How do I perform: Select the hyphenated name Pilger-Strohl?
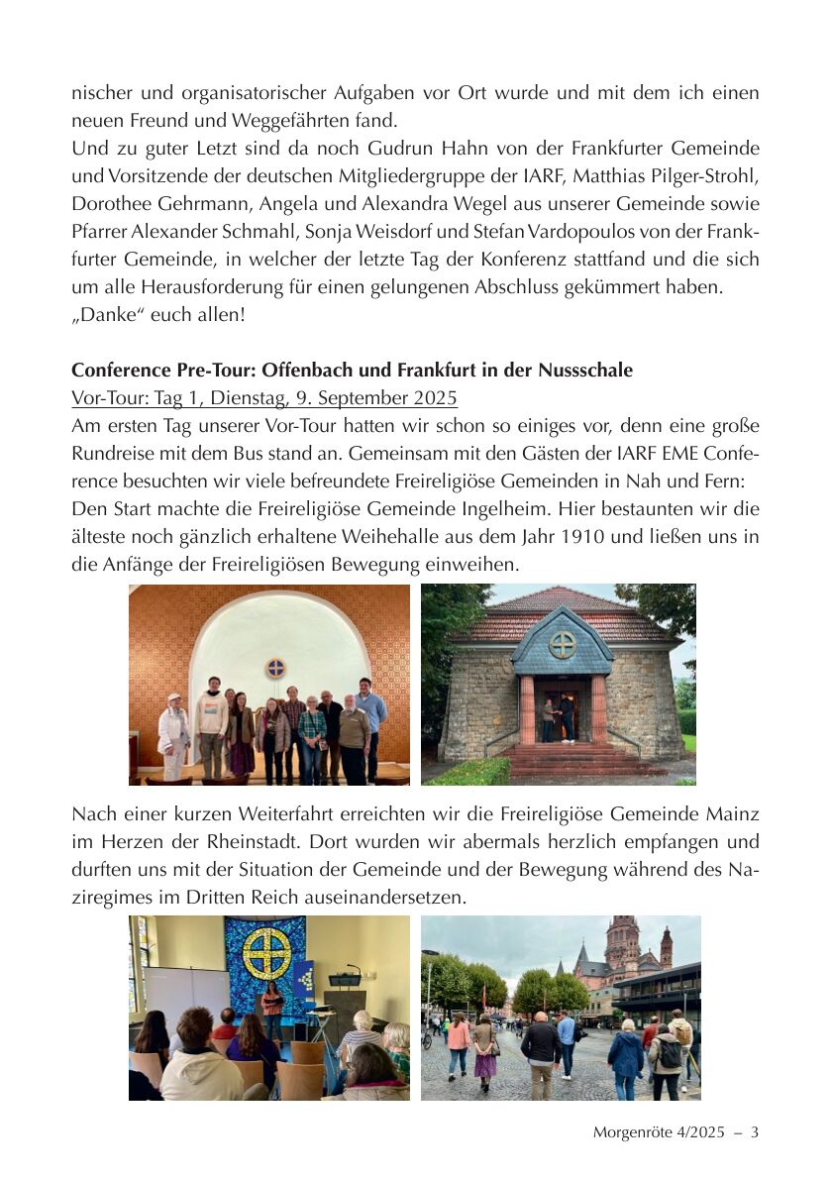[696, 176]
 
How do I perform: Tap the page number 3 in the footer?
[755, 1131]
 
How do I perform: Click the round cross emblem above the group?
[274, 667]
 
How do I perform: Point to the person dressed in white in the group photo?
[174, 735]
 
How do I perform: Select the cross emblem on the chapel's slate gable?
[563, 644]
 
